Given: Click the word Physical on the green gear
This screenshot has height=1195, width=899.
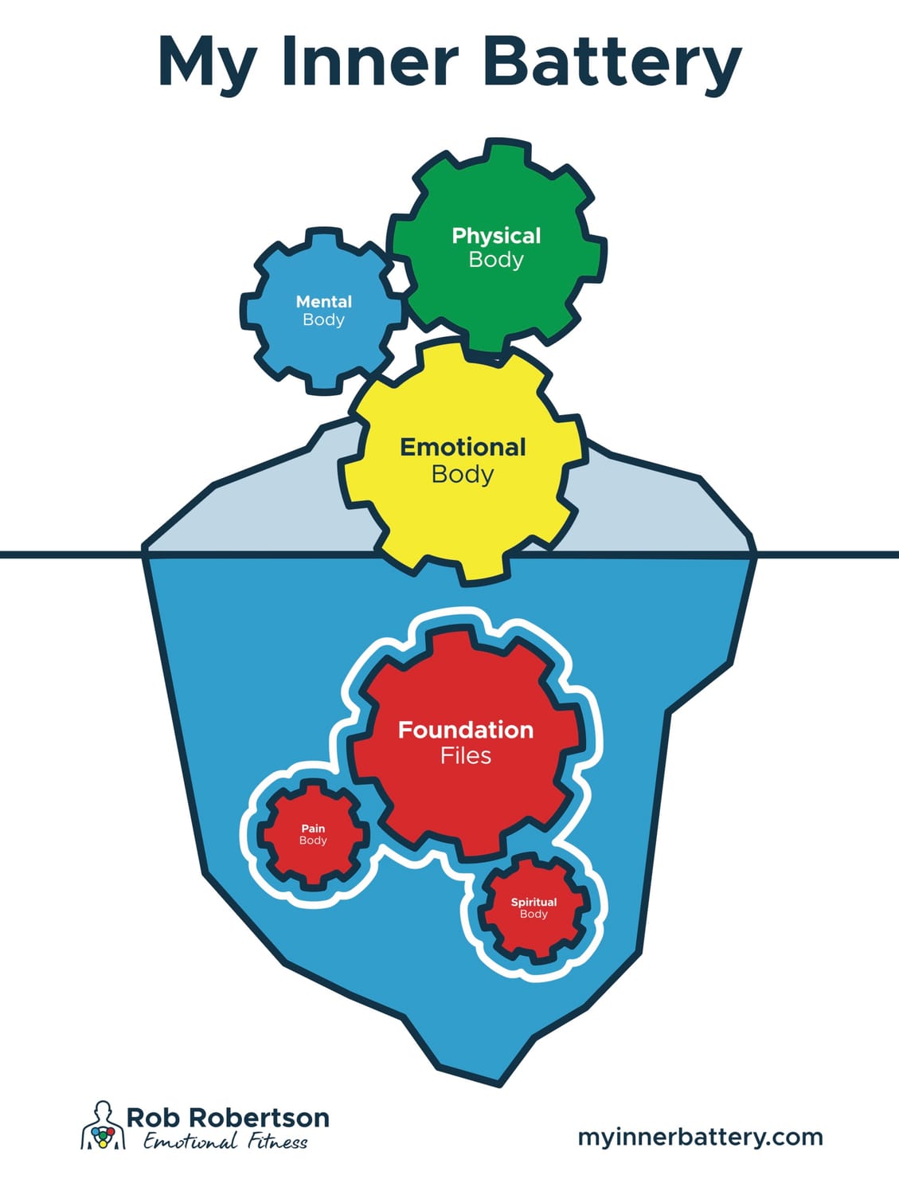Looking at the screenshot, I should pos(496,236).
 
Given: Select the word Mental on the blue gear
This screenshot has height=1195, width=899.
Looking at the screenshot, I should pos(323,302).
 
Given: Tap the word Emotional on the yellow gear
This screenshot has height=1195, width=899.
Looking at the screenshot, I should pos(463,447).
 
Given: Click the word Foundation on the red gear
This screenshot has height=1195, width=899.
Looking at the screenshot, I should pos(466,730).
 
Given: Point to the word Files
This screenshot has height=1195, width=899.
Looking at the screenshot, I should pos(466,755).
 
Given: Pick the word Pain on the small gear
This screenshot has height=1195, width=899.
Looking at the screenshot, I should pos(313,829).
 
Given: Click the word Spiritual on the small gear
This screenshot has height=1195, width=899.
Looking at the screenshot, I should pos(534,902).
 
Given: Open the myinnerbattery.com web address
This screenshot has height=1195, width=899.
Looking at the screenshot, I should pos(700,1137).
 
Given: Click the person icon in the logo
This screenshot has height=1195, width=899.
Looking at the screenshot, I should pos(102,1126).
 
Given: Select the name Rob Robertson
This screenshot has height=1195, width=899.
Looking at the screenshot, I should pos(228,1117).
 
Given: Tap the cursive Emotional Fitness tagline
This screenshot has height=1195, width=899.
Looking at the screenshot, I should pos(225,1142).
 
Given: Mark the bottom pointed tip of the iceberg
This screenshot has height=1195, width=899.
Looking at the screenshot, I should pos(499,1082).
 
